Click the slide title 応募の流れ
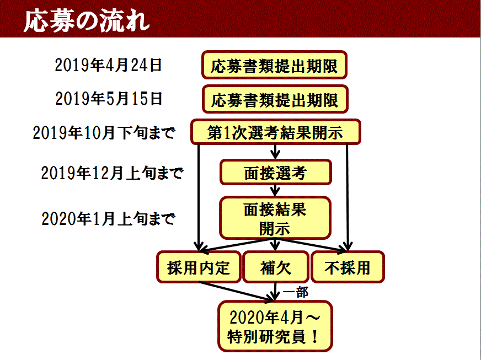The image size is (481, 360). point(87,21)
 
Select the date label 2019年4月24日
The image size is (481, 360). point(108,65)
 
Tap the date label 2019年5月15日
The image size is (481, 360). point(109,99)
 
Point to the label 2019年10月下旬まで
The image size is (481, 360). point(104,133)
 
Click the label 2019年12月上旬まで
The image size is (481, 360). point(113,173)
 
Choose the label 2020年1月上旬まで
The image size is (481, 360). point(108,219)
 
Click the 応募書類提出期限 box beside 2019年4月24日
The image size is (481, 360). point(274,65)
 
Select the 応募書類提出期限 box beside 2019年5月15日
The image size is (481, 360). point(275,99)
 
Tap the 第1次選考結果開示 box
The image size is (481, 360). point(275,132)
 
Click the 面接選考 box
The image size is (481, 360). point(275,173)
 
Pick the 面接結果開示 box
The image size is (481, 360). point(275,218)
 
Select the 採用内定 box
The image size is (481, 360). point(199,267)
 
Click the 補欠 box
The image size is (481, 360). point(275,267)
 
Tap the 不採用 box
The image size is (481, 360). point(348,267)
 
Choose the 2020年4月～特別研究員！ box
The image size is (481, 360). point(275,326)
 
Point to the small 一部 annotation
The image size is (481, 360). point(296,292)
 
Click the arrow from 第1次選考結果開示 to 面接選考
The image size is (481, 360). point(275,152)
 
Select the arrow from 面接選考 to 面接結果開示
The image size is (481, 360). point(275,190)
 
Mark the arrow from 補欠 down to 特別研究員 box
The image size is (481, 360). point(275,291)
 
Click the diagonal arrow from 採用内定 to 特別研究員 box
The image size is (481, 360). point(236,291)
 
